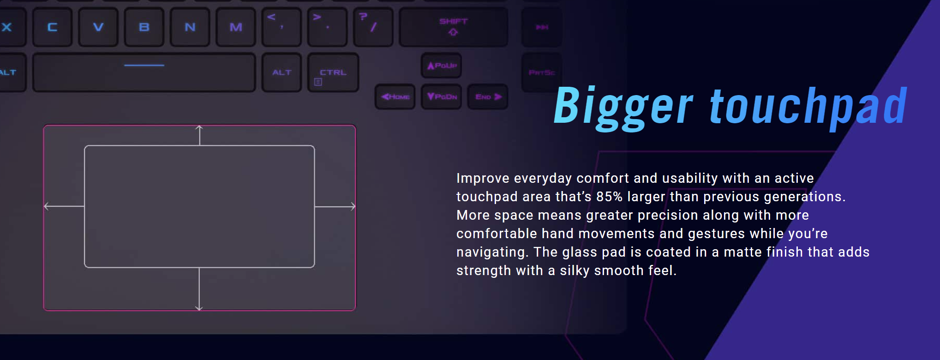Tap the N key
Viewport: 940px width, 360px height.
click(190, 27)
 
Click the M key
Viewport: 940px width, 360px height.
click(236, 27)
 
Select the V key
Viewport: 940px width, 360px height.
click(98, 27)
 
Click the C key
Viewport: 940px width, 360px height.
click(52, 27)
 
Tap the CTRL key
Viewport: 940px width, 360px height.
click(333, 72)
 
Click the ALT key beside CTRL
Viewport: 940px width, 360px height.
click(281, 72)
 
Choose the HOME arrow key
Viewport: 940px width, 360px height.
click(395, 97)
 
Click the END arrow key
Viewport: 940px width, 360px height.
click(488, 97)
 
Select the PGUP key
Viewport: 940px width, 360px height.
click(442, 66)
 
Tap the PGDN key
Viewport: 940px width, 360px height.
click(442, 97)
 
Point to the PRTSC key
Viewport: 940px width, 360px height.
click(542, 72)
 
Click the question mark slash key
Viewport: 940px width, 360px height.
click(373, 27)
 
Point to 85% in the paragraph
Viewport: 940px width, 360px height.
click(609, 197)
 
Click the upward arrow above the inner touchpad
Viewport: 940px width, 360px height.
click(199, 135)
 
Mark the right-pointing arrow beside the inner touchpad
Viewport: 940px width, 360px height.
click(335, 207)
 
